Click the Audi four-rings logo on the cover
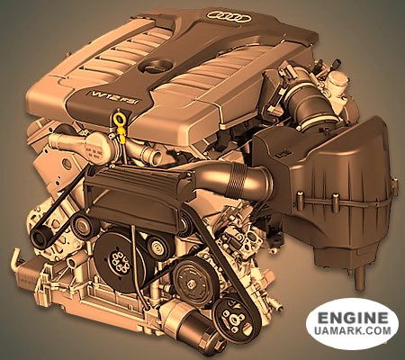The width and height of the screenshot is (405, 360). (229, 17)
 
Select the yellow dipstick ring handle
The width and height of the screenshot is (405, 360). (119, 118)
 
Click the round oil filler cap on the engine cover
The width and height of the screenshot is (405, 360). (155, 66)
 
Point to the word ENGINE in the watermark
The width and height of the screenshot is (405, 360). (353, 318)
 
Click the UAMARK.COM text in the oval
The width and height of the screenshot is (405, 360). (353, 330)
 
